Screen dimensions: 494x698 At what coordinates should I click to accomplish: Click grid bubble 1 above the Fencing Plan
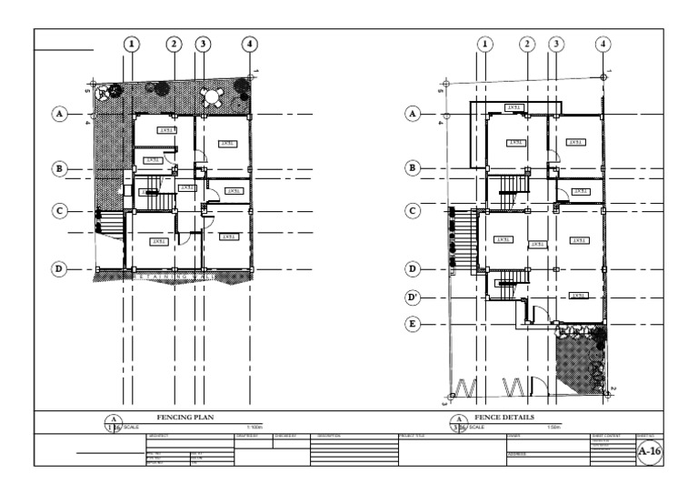click(x=133, y=44)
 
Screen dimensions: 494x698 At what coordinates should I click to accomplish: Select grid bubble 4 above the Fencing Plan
click(x=249, y=44)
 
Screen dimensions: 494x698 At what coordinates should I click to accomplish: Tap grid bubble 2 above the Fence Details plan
click(x=527, y=44)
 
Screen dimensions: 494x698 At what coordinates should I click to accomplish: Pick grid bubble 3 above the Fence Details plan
click(x=555, y=44)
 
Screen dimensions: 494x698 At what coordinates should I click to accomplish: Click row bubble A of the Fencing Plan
click(x=60, y=114)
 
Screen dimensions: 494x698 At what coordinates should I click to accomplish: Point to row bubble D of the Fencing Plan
click(x=60, y=269)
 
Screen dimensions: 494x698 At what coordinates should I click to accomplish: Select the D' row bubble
click(x=414, y=297)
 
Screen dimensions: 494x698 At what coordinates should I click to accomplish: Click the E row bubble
click(x=414, y=324)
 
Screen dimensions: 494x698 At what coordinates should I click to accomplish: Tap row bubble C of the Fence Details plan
click(x=414, y=210)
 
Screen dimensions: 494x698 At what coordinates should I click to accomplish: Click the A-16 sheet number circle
click(x=649, y=450)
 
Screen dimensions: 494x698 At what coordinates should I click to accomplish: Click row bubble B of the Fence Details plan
click(x=414, y=167)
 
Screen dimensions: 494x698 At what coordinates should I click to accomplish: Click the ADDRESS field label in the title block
click(x=517, y=452)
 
